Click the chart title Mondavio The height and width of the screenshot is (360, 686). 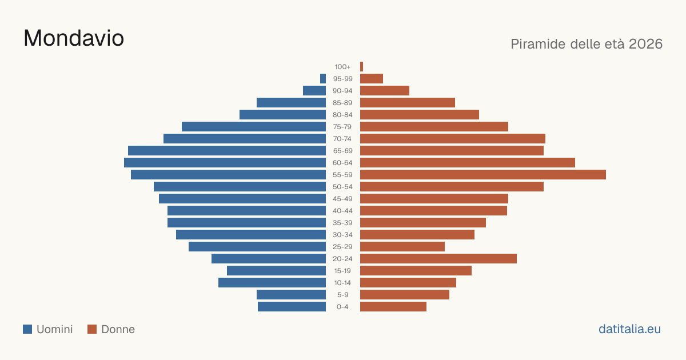(x=74, y=38)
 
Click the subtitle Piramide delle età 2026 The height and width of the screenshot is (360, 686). (x=587, y=44)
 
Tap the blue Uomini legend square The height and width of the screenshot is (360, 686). (x=27, y=329)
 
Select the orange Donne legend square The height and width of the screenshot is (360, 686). (x=92, y=329)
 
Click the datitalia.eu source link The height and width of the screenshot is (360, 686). (x=629, y=329)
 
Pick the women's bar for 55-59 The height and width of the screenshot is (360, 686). (x=483, y=174)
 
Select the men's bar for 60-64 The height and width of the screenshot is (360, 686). (x=225, y=162)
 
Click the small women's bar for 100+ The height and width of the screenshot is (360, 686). (x=362, y=67)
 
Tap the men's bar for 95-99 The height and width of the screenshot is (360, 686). (x=323, y=79)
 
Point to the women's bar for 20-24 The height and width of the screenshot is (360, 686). (x=438, y=259)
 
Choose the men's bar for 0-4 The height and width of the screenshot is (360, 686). (x=292, y=307)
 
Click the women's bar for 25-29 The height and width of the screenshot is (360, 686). (x=402, y=247)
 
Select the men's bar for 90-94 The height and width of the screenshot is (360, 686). (x=314, y=91)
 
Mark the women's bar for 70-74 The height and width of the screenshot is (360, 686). (x=453, y=139)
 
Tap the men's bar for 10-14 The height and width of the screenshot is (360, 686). (x=272, y=282)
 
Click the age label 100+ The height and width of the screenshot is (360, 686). (x=342, y=67)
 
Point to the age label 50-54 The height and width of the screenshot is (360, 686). (x=342, y=187)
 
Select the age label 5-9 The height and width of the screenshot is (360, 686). (x=342, y=295)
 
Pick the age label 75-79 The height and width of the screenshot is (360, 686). (x=342, y=127)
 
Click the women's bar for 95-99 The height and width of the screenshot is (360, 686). (x=372, y=79)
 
